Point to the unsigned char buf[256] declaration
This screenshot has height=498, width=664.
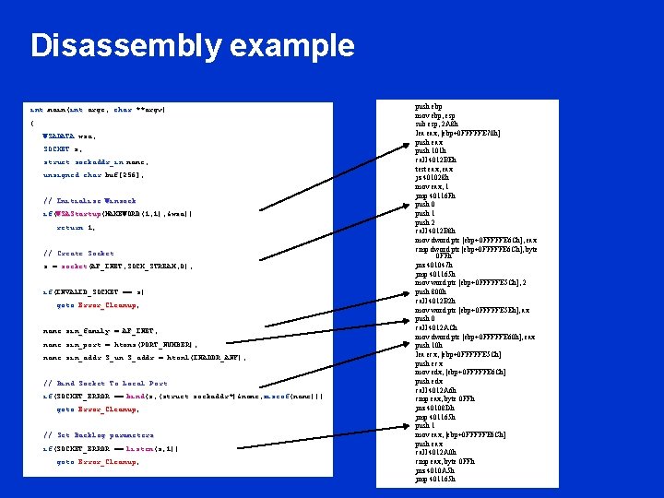tap(106, 174)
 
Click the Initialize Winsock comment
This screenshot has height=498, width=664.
tap(89, 200)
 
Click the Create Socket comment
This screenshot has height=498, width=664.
tap(78, 253)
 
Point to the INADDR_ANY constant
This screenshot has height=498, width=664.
tap(220, 356)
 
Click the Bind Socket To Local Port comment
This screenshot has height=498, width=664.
tap(105, 383)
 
